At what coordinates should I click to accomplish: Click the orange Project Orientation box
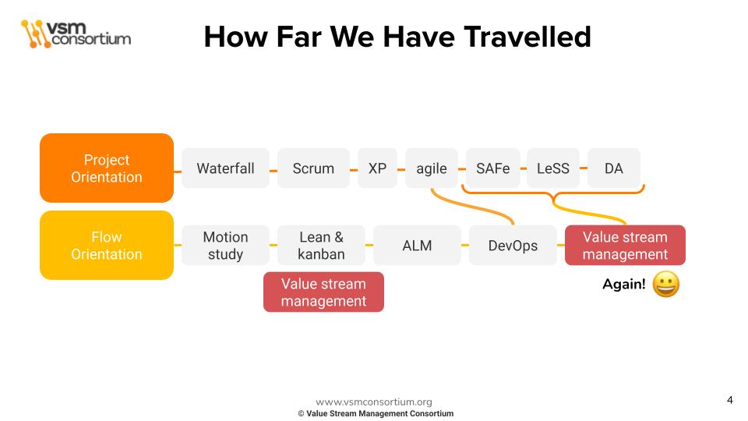(x=107, y=168)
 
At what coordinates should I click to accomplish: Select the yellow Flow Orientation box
(x=107, y=246)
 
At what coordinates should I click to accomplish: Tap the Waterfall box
(x=226, y=168)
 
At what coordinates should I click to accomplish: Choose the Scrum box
(x=313, y=168)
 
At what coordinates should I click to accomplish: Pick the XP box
(x=377, y=168)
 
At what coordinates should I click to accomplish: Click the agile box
(x=432, y=168)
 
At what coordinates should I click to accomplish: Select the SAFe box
(x=492, y=168)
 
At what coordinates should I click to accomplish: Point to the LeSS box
(x=553, y=168)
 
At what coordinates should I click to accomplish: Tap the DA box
(x=614, y=168)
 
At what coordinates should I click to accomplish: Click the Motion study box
(x=226, y=246)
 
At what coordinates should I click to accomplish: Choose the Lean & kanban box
(x=321, y=246)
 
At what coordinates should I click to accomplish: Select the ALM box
(x=417, y=246)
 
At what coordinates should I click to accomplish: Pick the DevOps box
(x=513, y=246)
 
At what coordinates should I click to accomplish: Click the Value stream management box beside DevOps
(x=625, y=246)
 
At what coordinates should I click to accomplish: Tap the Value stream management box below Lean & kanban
(x=323, y=292)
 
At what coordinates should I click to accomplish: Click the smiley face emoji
(x=666, y=285)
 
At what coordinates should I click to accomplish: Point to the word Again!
(x=624, y=285)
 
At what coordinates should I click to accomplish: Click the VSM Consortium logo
(x=76, y=34)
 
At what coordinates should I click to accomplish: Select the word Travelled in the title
(x=527, y=37)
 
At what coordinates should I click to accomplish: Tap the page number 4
(x=730, y=400)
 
